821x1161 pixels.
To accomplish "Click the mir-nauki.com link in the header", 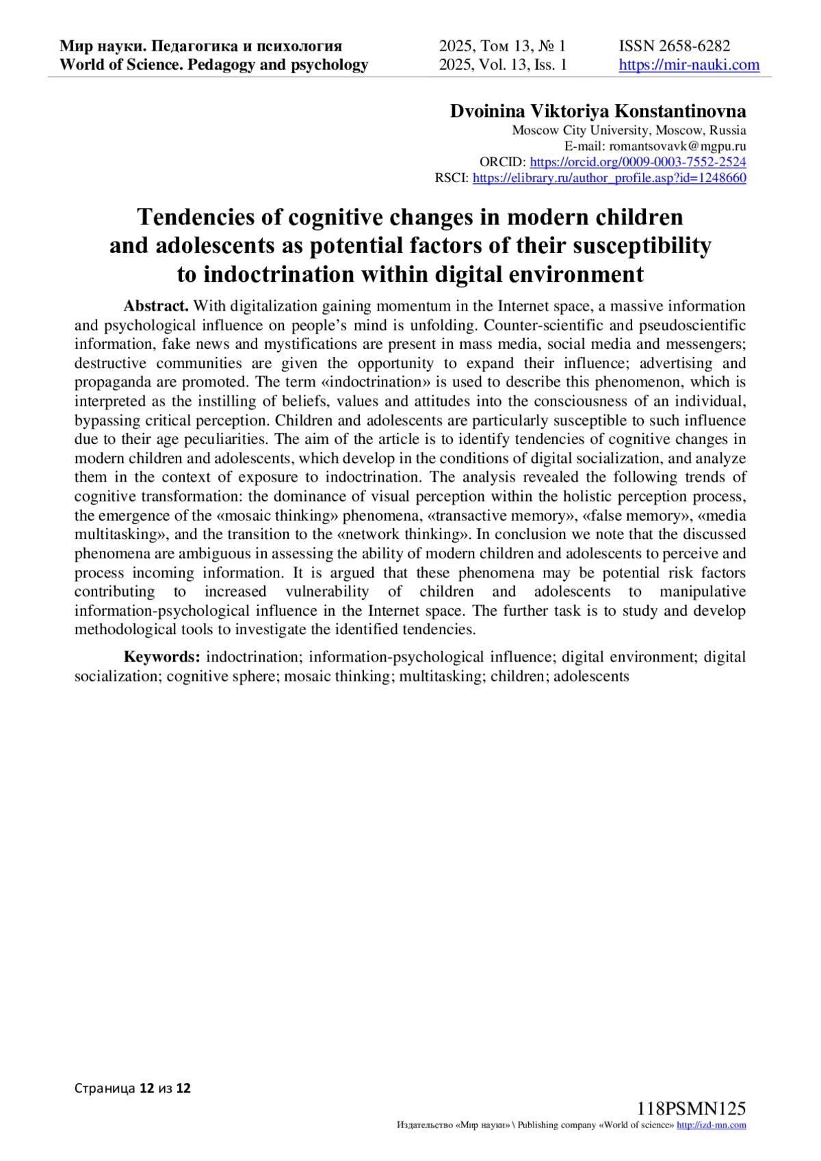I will click(x=689, y=65).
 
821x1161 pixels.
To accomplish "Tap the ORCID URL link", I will click(x=638, y=162).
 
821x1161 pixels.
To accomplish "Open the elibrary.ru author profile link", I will click(x=609, y=178).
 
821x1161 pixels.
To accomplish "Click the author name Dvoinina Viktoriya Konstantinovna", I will click(x=598, y=112).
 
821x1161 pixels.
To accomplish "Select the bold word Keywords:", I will click(x=162, y=657).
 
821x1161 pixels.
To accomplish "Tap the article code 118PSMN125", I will click(x=691, y=1109).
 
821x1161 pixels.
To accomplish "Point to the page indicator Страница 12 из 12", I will click(x=133, y=1088).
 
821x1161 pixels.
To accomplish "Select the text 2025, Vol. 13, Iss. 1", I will click(x=503, y=65).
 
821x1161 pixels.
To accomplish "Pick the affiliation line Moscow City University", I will click(x=629, y=130).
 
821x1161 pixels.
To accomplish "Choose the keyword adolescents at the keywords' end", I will click(x=591, y=676).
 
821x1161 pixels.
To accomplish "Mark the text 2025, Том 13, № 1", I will click(x=503, y=46).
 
